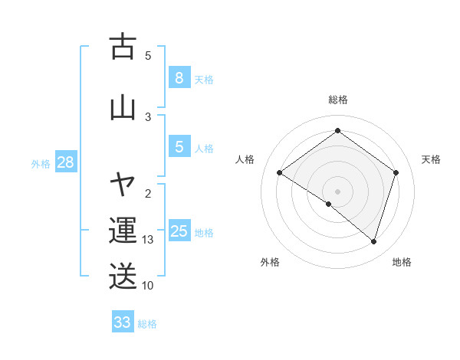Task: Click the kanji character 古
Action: pyautogui.click(x=123, y=47)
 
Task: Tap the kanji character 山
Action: pyautogui.click(x=123, y=106)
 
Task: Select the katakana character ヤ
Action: pyautogui.click(x=123, y=184)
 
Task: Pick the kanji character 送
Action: pyautogui.click(x=123, y=277)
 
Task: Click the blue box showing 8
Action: pyautogui.click(x=179, y=78)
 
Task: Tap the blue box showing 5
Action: pyautogui.click(x=179, y=147)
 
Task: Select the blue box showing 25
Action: pyautogui.click(x=179, y=231)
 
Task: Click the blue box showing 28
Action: pyautogui.click(x=65, y=162)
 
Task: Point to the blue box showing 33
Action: pyautogui.click(x=123, y=322)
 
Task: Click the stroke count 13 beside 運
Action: pyautogui.click(x=148, y=240)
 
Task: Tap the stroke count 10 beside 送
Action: pyautogui.click(x=148, y=285)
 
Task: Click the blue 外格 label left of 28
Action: pyautogui.click(x=41, y=163)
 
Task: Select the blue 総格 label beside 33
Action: pyautogui.click(x=147, y=324)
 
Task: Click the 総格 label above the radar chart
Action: pyautogui.click(x=337, y=100)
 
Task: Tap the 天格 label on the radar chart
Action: pyautogui.click(x=431, y=159)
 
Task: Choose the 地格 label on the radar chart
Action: pyautogui.click(x=401, y=262)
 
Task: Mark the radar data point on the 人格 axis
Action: pyautogui.click(x=279, y=173)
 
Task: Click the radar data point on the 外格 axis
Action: pyautogui.click(x=329, y=204)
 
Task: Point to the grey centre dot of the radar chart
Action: pyautogui.click(x=337, y=191)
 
